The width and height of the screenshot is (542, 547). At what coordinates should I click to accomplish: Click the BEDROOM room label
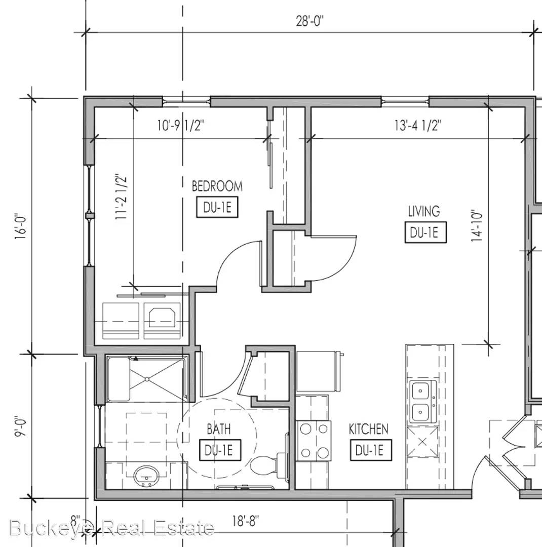(x=217, y=186)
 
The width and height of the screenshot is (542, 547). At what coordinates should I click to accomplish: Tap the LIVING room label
(x=424, y=210)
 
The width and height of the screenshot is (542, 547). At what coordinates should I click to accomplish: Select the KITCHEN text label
(x=368, y=429)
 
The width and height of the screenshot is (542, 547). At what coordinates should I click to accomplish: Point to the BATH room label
(x=218, y=429)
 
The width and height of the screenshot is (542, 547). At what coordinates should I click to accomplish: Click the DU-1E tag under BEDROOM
(x=217, y=208)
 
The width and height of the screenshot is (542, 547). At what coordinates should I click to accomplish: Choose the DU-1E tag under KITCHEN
(x=373, y=450)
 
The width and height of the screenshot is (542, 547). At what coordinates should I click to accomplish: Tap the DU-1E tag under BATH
(x=219, y=450)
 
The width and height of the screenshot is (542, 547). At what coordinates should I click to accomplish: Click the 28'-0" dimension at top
(x=309, y=22)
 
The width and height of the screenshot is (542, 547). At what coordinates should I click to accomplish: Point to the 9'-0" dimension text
(x=21, y=424)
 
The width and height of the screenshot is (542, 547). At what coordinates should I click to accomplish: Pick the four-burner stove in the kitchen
(x=313, y=440)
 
